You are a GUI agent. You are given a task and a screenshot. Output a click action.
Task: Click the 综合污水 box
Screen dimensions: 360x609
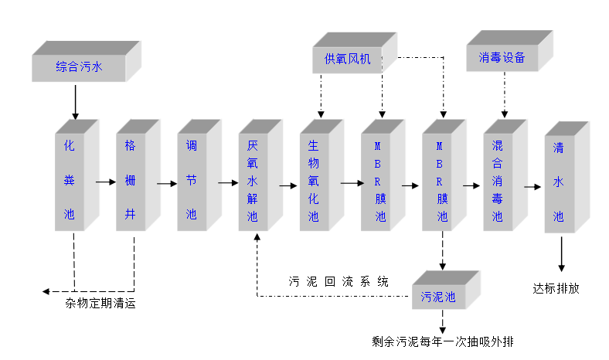(x=79, y=66)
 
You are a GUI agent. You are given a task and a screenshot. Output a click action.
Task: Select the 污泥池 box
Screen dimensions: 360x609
(x=438, y=297)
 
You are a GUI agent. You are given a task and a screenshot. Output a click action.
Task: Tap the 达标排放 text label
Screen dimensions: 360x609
(x=556, y=288)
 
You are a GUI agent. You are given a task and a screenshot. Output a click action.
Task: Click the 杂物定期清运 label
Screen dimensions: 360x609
(x=100, y=303)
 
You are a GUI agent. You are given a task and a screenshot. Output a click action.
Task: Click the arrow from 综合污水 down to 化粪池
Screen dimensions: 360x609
(x=75, y=101)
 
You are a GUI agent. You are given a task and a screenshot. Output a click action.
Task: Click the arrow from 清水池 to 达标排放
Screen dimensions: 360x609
(x=561, y=253)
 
